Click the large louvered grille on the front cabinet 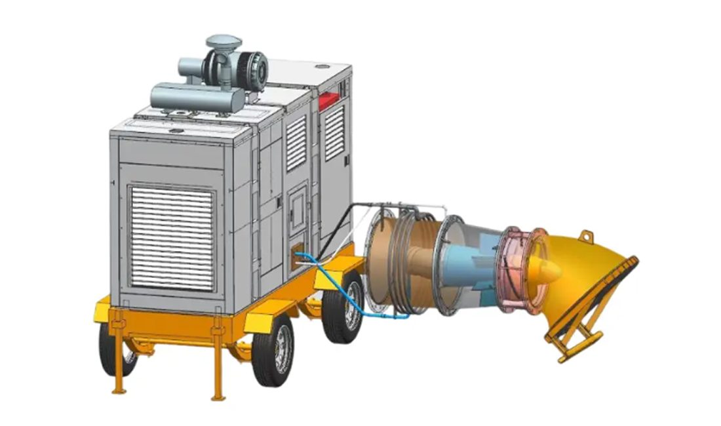pos(171,237)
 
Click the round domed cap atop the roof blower pos(223,41)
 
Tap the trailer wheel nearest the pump pos(343,308)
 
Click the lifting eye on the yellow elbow pos(585,235)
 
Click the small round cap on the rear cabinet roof pos(321,66)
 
